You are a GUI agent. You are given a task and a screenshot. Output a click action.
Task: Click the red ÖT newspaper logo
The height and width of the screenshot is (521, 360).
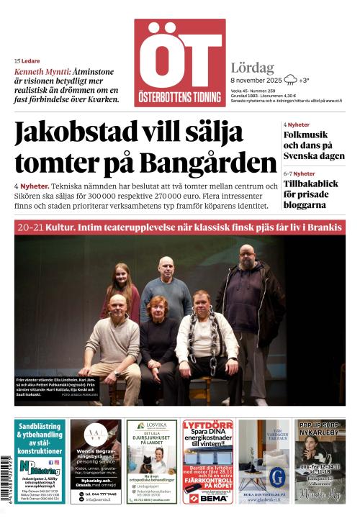pyautogui.click(x=179, y=62)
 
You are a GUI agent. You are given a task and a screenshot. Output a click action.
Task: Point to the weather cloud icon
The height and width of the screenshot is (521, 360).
pyautogui.click(x=291, y=80)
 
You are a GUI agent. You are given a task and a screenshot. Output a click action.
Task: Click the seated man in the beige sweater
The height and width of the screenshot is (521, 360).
pyautogui.click(x=114, y=342)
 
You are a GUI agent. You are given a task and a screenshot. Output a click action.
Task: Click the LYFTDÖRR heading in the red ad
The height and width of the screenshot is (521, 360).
pyautogui.click(x=207, y=425)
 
